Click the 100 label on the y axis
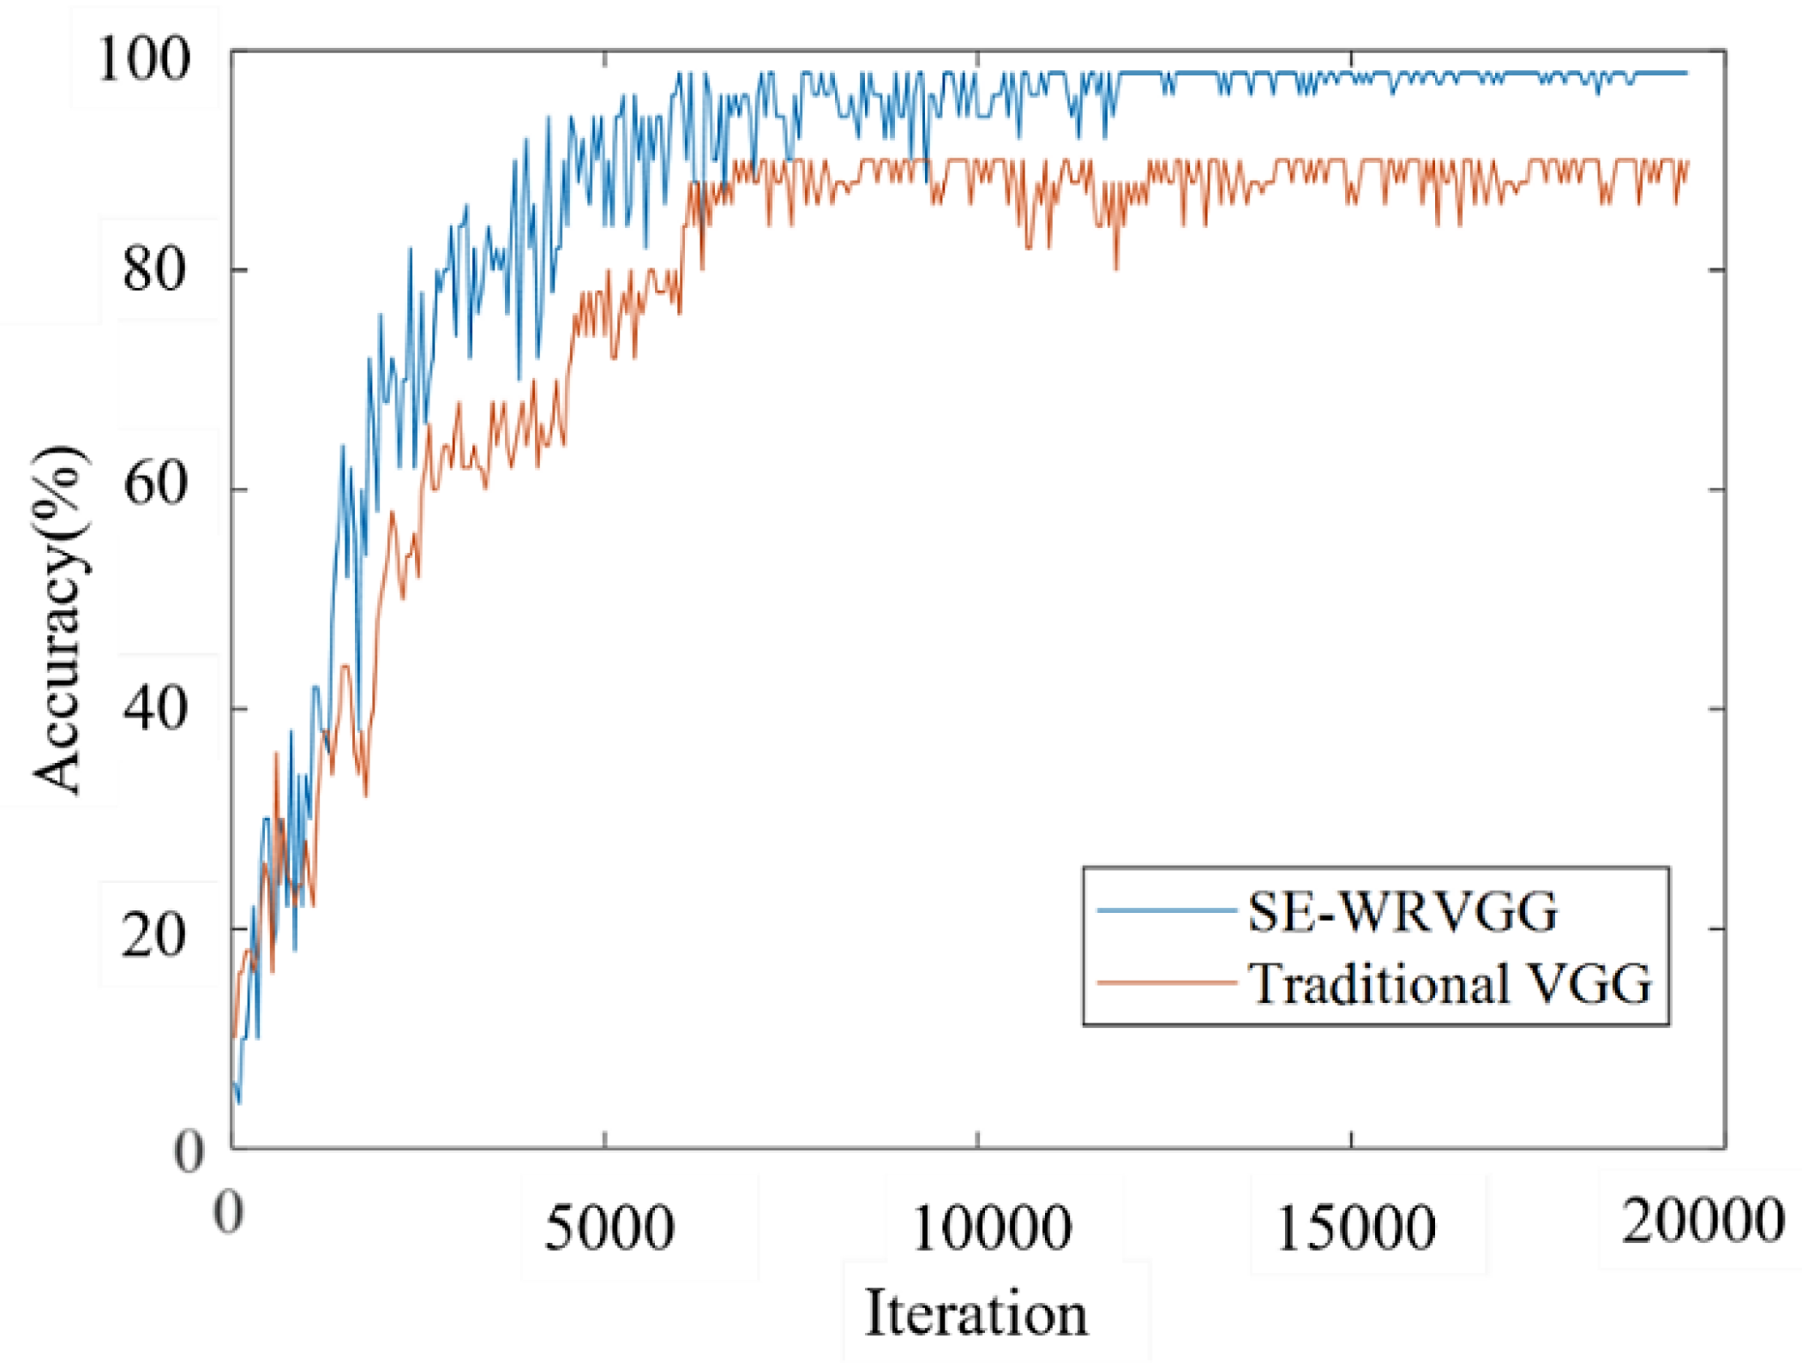point(142,60)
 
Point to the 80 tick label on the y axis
point(154,270)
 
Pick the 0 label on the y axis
point(188,1152)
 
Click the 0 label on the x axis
point(228,1212)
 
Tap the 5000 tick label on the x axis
point(609,1228)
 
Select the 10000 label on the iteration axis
point(991,1228)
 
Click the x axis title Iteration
point(976,1313)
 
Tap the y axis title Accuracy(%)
point(60,619)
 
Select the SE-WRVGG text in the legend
point(1403,911)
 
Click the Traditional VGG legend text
point(1449,983)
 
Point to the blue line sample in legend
point(1166,910)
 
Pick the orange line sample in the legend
point(1166,982)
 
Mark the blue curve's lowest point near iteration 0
point(239,1103)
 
